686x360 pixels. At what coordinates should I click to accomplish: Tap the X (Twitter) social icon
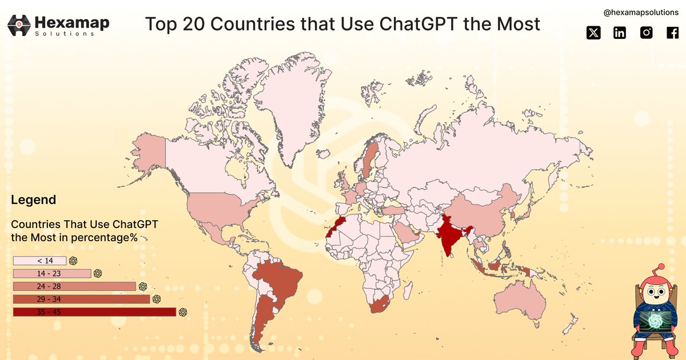[x=594, y=33]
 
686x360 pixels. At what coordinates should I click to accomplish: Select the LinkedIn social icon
[x=620, y=33]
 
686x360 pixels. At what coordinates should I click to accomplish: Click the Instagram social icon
[x=646, y=33]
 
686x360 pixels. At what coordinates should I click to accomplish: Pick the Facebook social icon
[x=672, y=33]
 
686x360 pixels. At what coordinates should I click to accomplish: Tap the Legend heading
[x=33, y=200]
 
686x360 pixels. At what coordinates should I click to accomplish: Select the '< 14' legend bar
[x=40, y=261]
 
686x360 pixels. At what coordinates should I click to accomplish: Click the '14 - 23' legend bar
[x=52, y=273]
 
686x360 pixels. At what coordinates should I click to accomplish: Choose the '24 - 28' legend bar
[x=74, y=286]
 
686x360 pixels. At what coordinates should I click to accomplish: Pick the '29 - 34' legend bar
[x=81, y=299]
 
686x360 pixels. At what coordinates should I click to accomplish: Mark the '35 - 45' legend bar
[x=94, y=311]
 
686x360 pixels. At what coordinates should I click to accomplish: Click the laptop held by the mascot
[x=654, y=322]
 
